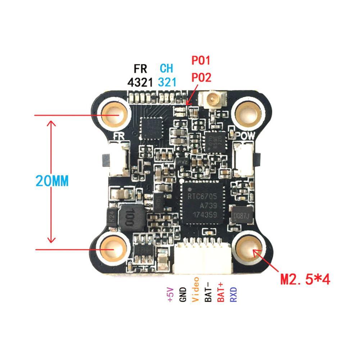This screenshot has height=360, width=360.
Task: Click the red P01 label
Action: (x=201, y=60)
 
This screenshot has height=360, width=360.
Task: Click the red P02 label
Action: (x=201, y=77)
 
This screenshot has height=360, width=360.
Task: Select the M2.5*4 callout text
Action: (x=305, y=279)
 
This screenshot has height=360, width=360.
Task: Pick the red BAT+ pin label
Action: (x=221, y=292)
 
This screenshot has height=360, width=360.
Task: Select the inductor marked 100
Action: (x=129, y=218)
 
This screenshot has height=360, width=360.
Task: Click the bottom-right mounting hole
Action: (x=248, y=249)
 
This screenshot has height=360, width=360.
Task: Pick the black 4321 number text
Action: (x=141, y=82)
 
